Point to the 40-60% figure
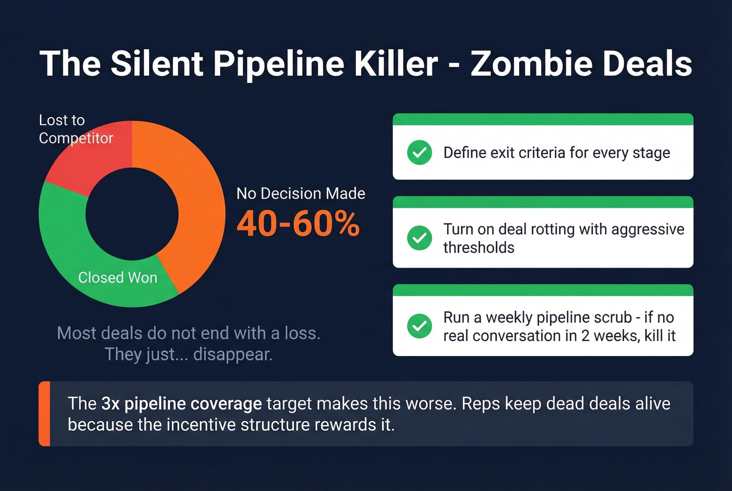click(x=298, y=224)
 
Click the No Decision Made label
click(x=301, y=193)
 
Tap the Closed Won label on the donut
click(x=118, y=278)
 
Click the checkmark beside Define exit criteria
click(x=419, y=153)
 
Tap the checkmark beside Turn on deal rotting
click(x=419, y=238)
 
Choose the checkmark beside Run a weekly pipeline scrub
click(x=419, y=326)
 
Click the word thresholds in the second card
click(x=478, y=247)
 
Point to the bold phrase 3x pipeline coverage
click(x=181, y=404)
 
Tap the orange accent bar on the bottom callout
click(x=44, y=414)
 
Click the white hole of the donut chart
click(x=132, y=213)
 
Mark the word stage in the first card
click(x=651, y=153)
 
